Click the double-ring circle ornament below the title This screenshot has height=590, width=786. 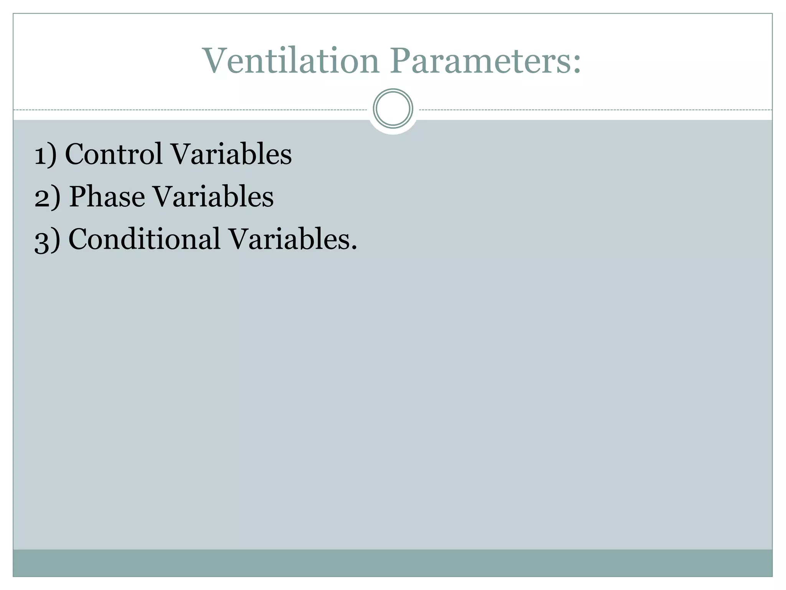coord(393,109)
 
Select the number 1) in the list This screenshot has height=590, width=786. coord(45,154)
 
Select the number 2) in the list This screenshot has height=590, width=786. coord(47,197)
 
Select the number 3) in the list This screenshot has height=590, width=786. coord(47,240)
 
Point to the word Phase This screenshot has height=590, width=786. coord(107,196)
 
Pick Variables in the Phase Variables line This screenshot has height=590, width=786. coord(213,196)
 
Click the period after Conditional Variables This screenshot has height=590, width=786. coord(354,248)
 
